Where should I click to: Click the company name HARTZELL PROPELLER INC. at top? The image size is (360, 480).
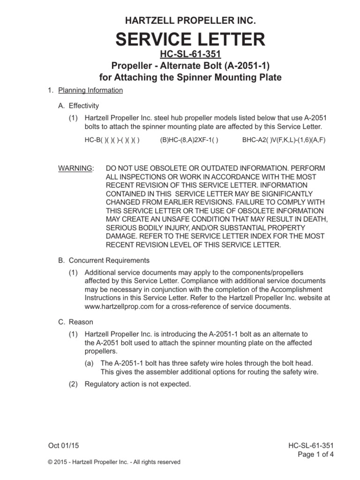point(190,20)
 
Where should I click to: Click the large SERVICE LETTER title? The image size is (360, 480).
point(190,39)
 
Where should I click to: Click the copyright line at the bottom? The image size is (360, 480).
point(114,462)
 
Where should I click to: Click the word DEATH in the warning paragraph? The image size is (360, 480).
point(313,219)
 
